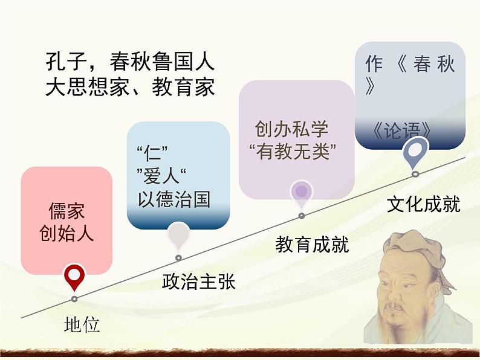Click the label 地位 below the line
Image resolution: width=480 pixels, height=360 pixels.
82,325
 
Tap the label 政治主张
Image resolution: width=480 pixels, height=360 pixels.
198,281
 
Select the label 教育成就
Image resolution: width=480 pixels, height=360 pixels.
312,244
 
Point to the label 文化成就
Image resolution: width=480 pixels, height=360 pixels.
423,204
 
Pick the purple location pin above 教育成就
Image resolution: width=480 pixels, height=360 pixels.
301,192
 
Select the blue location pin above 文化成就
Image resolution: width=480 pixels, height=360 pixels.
415,150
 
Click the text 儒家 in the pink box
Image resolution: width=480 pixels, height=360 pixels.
66,211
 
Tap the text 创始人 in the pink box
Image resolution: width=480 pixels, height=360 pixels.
66,233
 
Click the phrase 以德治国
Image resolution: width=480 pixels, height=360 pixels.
175,199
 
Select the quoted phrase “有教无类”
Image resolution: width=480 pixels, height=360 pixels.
293,150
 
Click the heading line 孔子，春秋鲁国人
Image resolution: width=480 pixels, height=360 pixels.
130,63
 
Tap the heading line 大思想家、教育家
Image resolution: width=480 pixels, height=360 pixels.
130,88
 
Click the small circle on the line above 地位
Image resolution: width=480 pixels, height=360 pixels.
74,299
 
